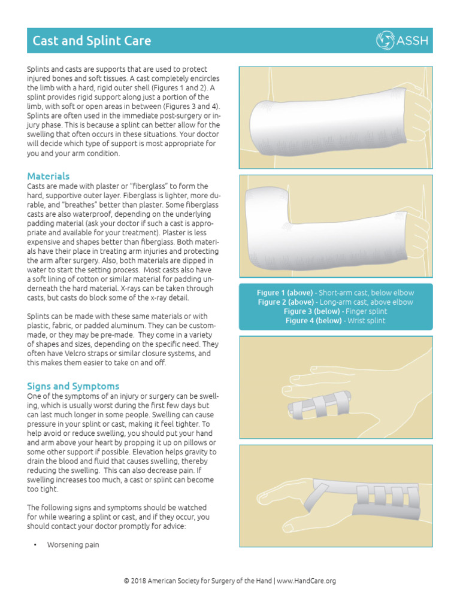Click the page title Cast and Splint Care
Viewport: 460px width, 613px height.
tap(92, 41)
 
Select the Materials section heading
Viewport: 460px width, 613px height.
tap(49, 176)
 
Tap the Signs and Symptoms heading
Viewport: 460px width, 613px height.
tap(73, 386)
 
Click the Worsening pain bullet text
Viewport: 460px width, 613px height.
tap(73, 545)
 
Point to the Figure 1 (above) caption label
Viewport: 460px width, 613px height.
tap(285, 293)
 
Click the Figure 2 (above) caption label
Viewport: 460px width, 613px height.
tap(285, 302)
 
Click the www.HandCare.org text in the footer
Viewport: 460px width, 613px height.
tap(306, 581)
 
